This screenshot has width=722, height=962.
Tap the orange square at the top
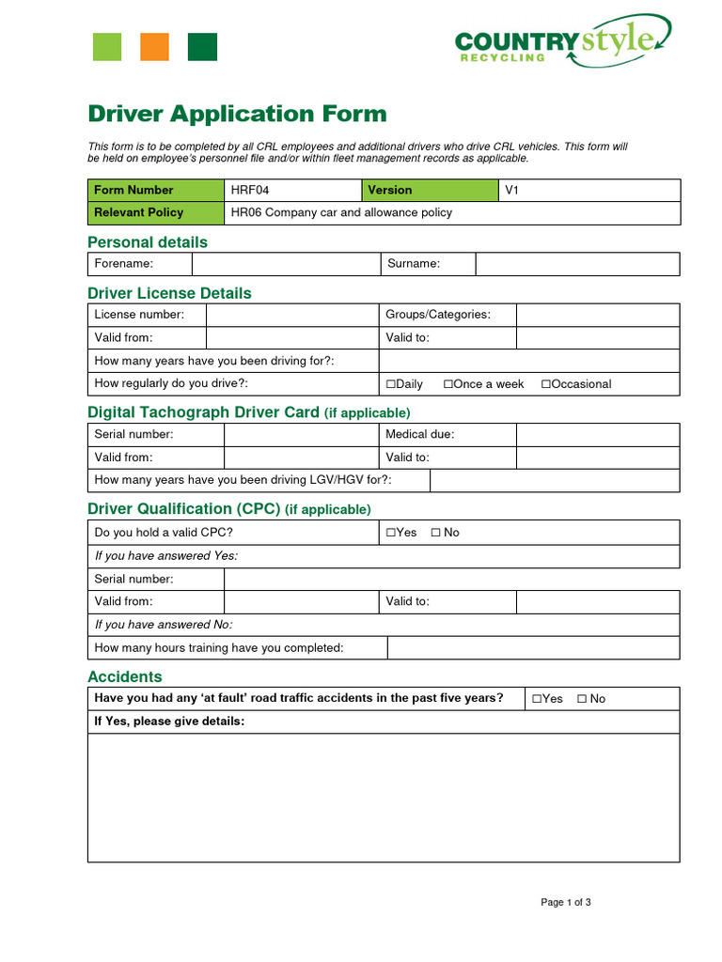tap(154, 47)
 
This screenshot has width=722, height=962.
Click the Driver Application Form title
tap(237, 114)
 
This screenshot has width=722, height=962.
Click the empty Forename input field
tap(286, 264)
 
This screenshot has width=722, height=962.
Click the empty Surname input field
tap(576, 264)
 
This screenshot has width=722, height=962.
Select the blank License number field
tap(291, 315)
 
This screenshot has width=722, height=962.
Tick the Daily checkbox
tap(391, 384)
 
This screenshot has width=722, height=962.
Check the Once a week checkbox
tap(448, 384)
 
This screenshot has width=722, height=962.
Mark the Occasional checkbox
tap(546, 384)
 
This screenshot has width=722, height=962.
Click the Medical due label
tap(419, 435)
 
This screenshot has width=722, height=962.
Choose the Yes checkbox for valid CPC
tap(391, 533)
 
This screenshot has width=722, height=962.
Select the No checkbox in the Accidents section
tap(582, 699)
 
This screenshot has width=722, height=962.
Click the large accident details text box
tap(384, 798)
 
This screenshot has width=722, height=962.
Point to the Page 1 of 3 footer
tap(565, 903)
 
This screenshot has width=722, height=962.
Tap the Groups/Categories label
tap(438, 315)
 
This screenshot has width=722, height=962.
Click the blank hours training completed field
tap(532, 648)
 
